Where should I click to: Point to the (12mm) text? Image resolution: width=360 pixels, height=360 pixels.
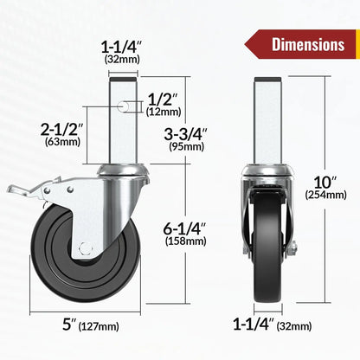tap(163, 112)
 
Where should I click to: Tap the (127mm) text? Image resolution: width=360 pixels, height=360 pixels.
tap(98, 326)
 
